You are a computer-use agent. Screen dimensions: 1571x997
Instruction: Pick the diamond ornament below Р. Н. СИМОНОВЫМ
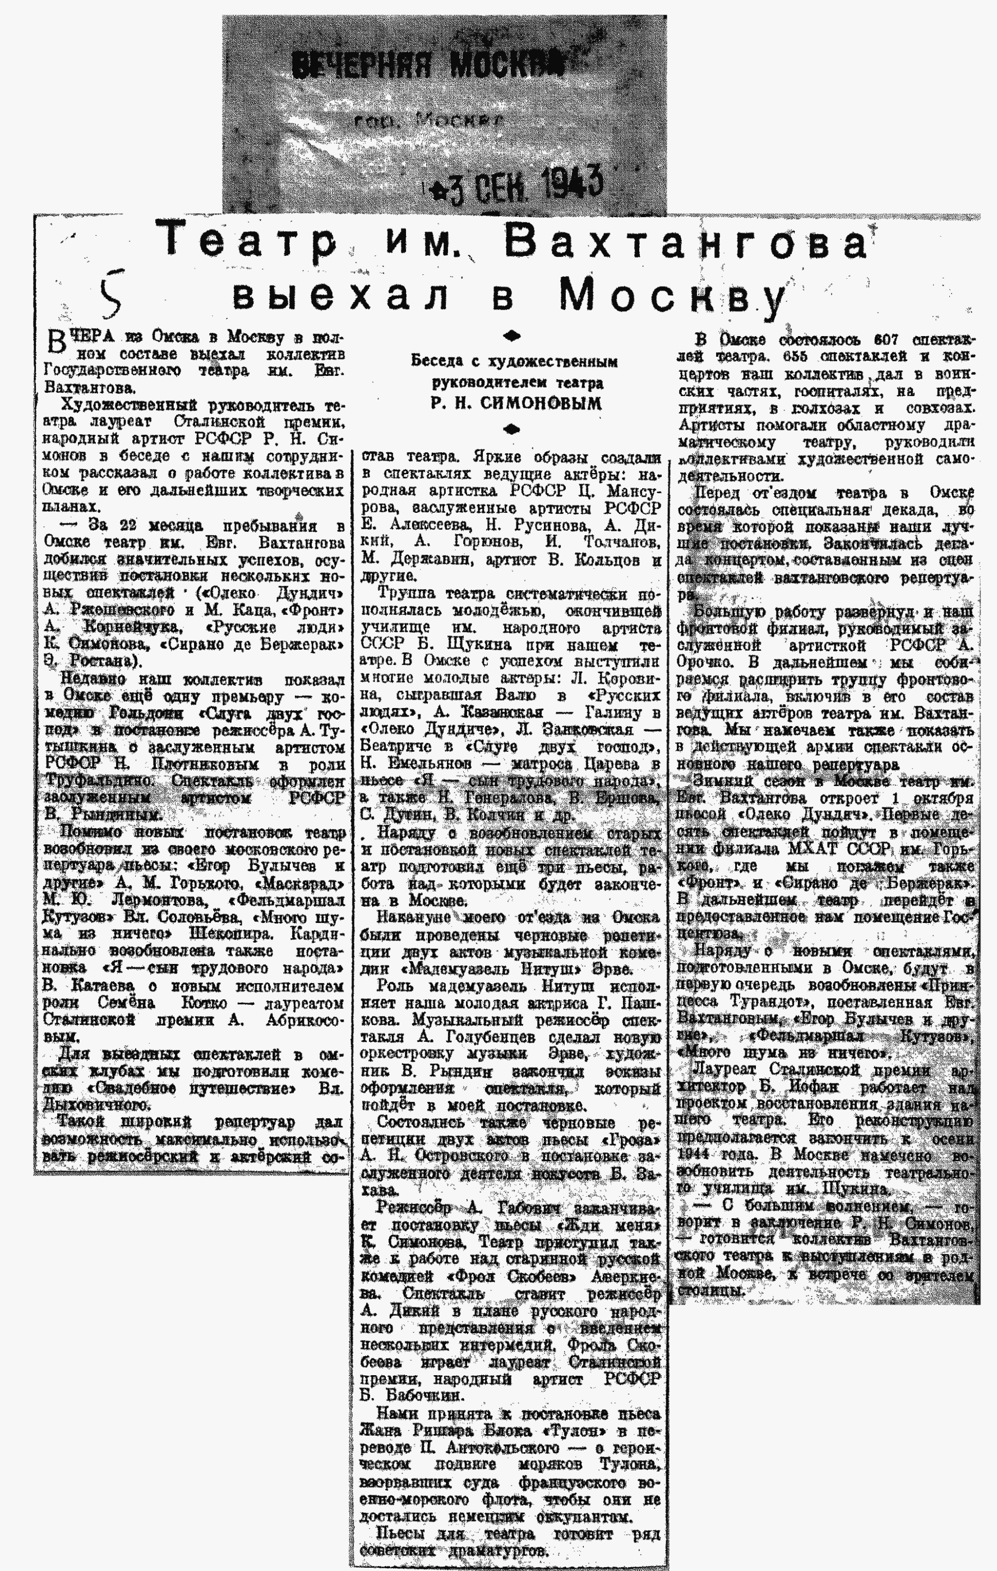[513, 429]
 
